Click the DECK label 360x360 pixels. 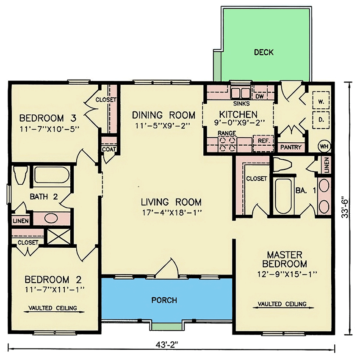click(x=263, y=53)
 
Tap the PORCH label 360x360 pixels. click(x=164, y=300)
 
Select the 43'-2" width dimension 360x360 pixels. click(x=171, y=344)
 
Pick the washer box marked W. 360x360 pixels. click(x=321, y=102)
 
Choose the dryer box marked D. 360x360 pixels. click(x=321, y=120)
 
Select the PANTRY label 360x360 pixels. click(x=291, y=147)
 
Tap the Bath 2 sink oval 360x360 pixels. click(x=51, y=219)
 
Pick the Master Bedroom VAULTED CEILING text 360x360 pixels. click(x=282, y=304)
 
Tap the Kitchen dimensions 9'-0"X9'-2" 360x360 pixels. click(x=238, y=123)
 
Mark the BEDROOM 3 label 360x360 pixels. click(x=47, y=118)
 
